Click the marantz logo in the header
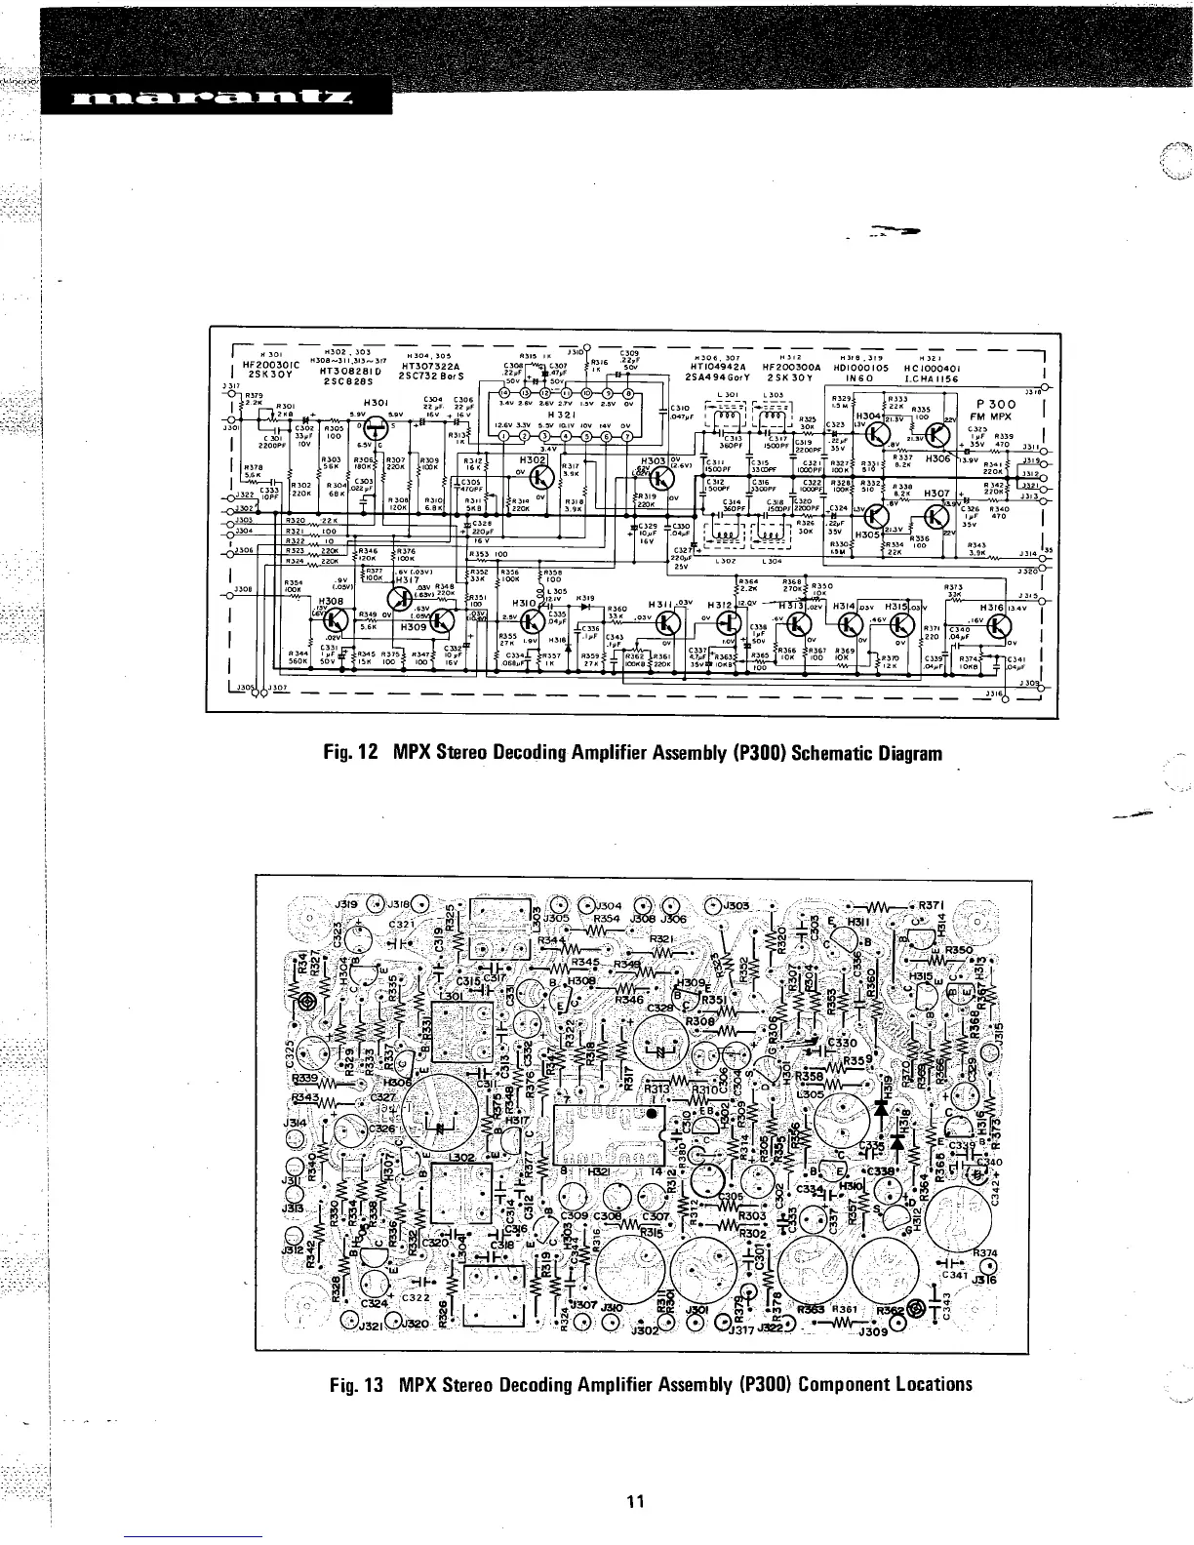point(214,98)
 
